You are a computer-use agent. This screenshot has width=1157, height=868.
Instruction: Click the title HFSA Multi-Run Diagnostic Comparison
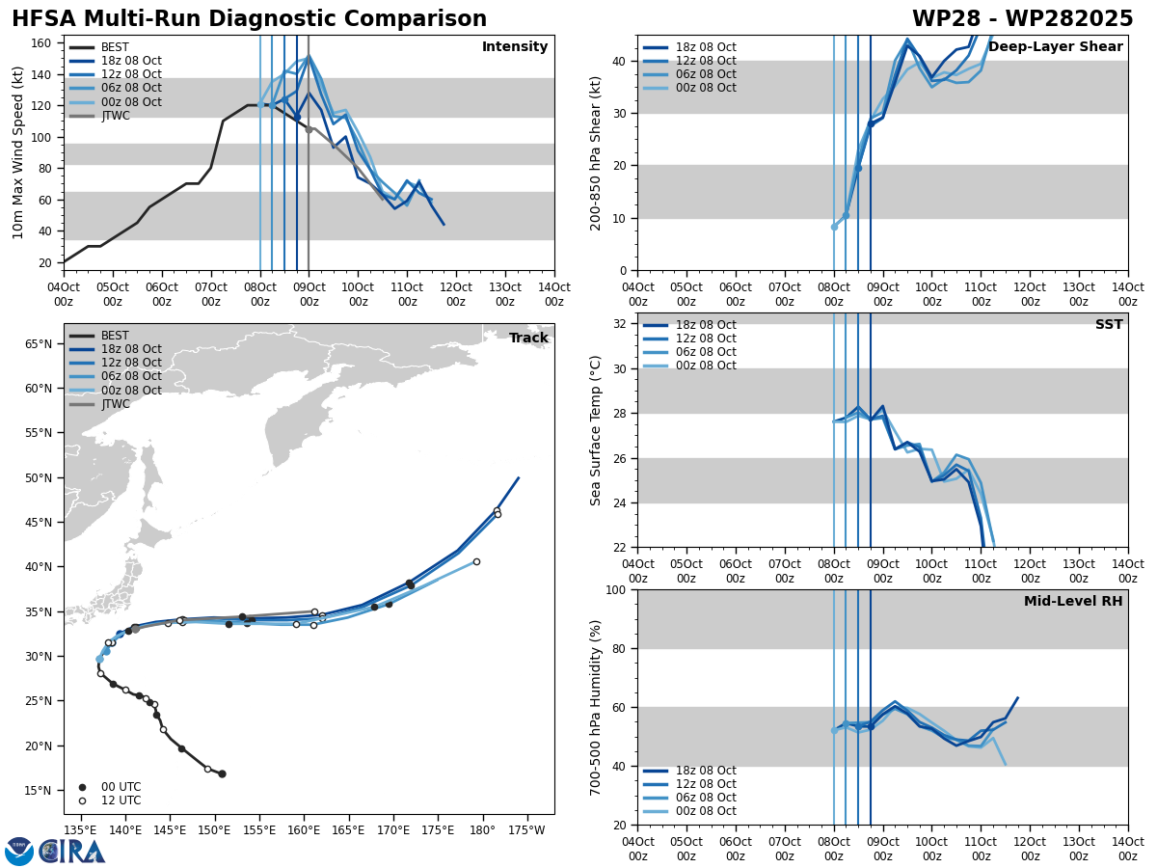coord(249,19)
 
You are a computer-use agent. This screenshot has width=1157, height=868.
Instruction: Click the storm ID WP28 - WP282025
coord(1022,19)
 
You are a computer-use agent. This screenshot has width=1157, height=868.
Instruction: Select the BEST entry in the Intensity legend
coord(114,47)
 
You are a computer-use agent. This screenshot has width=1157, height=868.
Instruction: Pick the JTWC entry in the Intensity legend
coord(115,116)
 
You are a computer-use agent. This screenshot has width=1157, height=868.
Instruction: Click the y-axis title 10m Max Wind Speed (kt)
coord(19,152)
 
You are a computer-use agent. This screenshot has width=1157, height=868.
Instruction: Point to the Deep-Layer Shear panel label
coord(1055,47)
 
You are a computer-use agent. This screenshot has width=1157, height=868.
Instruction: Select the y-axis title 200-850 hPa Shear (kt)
coord(597,152)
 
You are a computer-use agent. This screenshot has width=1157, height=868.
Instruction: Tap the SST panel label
coord(1108,325)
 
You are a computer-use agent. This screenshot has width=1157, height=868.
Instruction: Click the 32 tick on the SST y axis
coord(620,324)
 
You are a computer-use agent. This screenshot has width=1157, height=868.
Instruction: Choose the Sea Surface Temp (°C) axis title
coord(597,430)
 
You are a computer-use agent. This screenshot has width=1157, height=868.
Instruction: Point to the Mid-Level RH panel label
coord(1072,602)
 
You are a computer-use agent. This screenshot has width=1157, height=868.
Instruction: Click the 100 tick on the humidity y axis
coord(616,589)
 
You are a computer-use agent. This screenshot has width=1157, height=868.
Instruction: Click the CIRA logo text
coord(72,852)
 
